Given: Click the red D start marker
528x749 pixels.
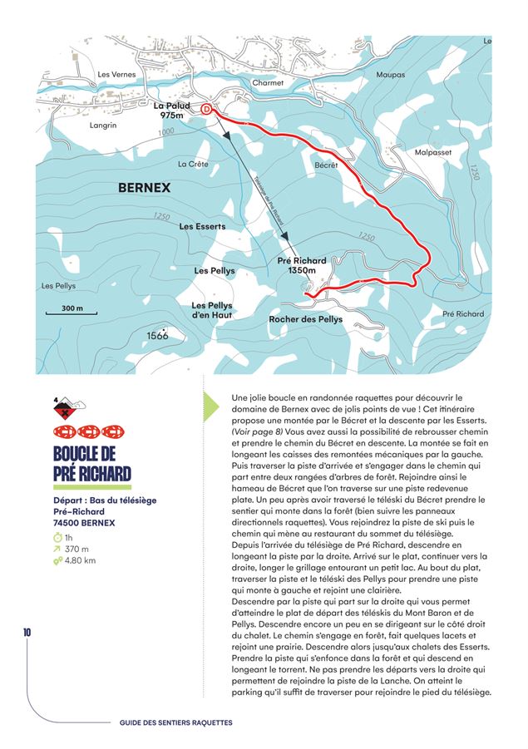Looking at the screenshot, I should click(x=207, y=108).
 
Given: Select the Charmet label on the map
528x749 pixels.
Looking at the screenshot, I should click(x=267, y=83).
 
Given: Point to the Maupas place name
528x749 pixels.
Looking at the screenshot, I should click(x=390, y=75).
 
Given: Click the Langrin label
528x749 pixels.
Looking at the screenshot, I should click(x=101, y=126).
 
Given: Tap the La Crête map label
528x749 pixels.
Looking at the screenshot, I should click(x=193, y=164).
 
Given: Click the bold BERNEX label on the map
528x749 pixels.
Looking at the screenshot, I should click(x=144, y=188).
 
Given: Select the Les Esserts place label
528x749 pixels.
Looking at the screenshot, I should click(x=202, y=226).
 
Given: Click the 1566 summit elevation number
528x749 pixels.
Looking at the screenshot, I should click(x=157, y=335).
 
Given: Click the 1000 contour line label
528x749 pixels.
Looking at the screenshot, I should click(x=165, y=132).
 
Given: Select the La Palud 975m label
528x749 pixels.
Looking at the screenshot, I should click(x=172, y=111).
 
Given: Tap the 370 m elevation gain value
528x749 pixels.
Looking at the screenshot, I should click(x=76, y=549).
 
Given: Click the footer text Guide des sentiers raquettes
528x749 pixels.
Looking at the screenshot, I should click(x=176, y=722).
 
